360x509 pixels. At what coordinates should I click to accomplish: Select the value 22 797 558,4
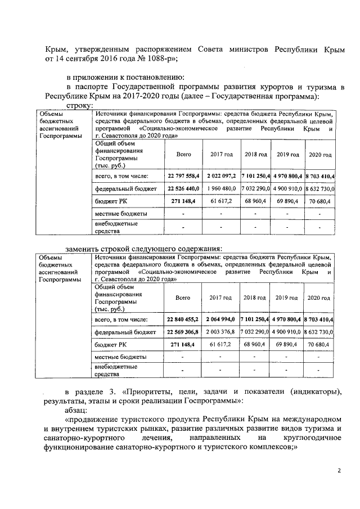(x=183, y=177)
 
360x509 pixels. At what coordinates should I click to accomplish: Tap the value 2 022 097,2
(x=220, y=177)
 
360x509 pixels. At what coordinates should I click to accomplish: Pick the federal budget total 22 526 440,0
(x=183, y=190)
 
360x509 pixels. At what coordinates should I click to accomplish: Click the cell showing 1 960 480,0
(x=220, y=190)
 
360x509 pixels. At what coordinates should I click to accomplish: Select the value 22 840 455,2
(x=183, y=319)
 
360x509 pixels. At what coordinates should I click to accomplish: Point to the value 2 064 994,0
(x=220, y=319)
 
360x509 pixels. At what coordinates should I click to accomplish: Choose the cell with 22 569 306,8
(x=183, y=332)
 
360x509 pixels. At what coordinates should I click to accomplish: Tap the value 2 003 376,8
(x=220, y=332)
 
